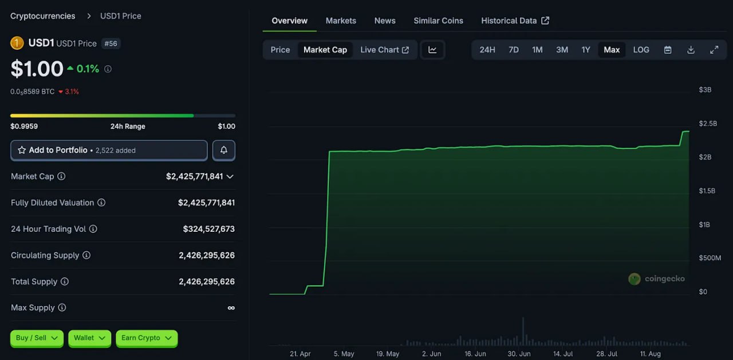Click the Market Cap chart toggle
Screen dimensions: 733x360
pos(325,50)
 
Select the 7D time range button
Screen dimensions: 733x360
pos(514,50)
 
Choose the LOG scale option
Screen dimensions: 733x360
pos(641,50)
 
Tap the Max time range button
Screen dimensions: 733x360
pos(612,50)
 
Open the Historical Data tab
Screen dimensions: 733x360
pos(515,21)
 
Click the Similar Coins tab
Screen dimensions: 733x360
pos(438,21)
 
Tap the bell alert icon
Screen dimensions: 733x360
pos(223,150)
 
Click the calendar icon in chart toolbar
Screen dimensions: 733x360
pos(668,50)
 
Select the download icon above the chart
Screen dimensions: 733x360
pos(691,50)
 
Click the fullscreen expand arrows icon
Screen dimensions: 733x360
pos(714,50)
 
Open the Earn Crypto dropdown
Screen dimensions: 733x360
pos(147,338)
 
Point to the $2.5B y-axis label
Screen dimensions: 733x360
pos(708,123)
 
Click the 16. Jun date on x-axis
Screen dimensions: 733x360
pos(475,354)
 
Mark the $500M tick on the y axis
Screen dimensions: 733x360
pos(710,258)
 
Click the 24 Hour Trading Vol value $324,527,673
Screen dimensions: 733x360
pos(209,229)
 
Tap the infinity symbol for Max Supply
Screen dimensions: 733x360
pos(231,308)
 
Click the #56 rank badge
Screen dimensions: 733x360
pos(111,43)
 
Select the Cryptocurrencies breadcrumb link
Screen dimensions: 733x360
pos(42,16)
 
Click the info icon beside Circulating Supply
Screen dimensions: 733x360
pos(86,255)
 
